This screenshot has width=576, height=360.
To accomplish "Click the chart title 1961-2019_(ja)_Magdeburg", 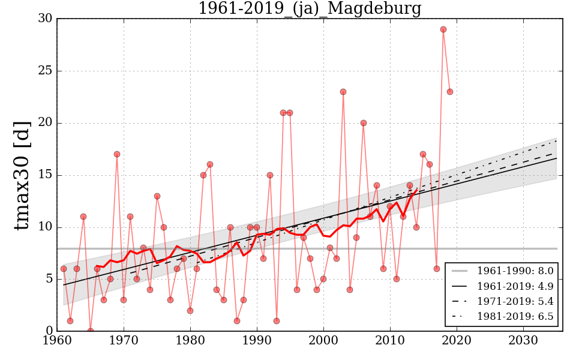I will [x=310, y=8].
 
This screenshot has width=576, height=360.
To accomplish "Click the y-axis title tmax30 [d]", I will [x=22, y=175].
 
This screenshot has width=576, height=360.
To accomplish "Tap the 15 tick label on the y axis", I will [x=44, y=175].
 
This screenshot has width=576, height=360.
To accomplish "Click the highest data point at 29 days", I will [x=443, y=29].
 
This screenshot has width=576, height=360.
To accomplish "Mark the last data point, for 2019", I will [x=450, y=92].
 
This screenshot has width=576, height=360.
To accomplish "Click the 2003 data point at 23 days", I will [x=343, y=92].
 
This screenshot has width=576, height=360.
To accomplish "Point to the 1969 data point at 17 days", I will [x=117, y=154].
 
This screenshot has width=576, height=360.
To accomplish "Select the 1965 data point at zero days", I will [x=91, y=331].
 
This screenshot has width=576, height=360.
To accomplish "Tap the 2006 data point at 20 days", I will [x=364, y=123].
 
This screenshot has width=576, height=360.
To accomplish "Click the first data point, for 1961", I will [x=64, y=269].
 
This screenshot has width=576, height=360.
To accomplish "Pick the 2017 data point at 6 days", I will [x=437, y=269].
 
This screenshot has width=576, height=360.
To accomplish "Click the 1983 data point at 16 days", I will [x=210, y=164].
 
